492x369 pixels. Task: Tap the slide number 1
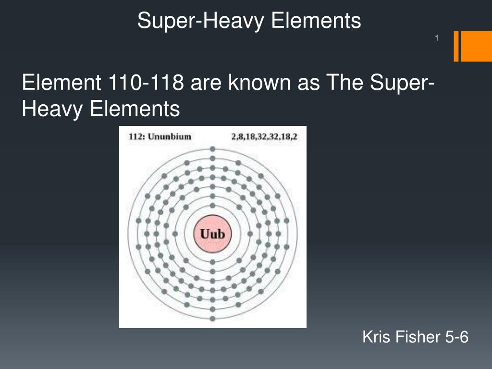point(437,38)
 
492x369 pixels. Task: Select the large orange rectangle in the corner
point(476,47)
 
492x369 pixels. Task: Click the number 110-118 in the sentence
point(143,84)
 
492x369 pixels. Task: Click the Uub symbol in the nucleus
point(212,234)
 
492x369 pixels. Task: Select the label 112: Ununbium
point(160,136)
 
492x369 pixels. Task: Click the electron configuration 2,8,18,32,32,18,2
point(264,136)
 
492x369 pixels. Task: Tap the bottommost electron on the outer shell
point(212,320)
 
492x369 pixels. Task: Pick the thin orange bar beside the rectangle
point(456,47)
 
